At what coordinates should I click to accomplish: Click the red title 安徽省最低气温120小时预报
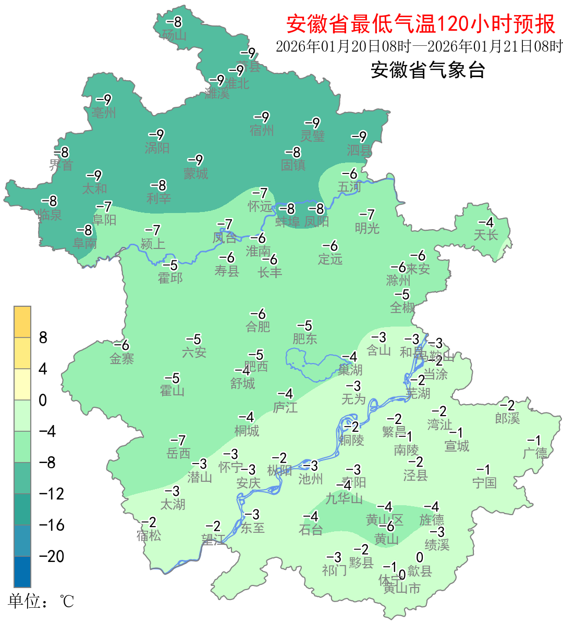(x=421, y=24)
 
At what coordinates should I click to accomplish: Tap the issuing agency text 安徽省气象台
(x=427, y=70)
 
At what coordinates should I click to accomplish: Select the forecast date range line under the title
(x=419, y=46)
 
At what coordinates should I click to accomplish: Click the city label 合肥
(x=258, y=327)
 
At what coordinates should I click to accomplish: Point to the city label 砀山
(x=174, y=35)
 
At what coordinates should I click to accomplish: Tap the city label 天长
(x=486, y=235)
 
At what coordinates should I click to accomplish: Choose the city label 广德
(x=535, y=453)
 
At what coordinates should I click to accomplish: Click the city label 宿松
(x=149, y=535)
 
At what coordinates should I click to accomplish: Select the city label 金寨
(x=122, y=359)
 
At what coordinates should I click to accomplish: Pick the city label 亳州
(x=104, y=113)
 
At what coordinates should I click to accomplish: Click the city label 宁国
(x=484, y=483)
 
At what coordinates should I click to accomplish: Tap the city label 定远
(x=331, y=259)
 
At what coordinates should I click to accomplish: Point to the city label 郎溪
(x=507, y=418)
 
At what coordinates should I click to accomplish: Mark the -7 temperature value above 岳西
(x=178, y=441)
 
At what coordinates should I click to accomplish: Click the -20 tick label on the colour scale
(x=52, y=556)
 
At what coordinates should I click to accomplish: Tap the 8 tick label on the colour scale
(x=43, y=337)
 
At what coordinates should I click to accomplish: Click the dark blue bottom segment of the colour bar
(x=22, y=572)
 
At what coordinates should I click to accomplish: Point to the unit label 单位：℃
(x=41, y=602)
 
